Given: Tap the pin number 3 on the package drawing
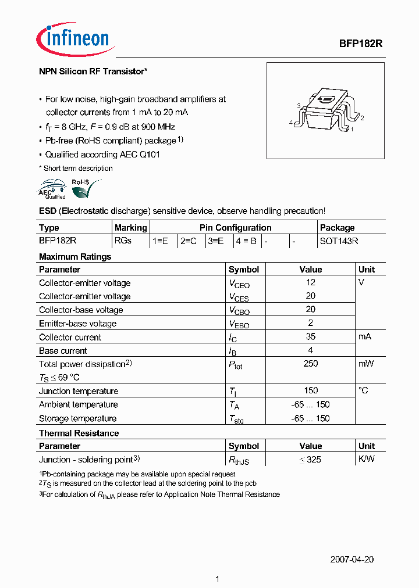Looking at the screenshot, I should pyautogui.click(x=298, y=106).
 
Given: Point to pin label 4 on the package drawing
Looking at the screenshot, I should pyautogui.click(x=290, y=123).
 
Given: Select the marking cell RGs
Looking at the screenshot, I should pyautogui.click(x=123, y=241).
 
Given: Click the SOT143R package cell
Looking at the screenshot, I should pyautogui.click(x=339, y=241).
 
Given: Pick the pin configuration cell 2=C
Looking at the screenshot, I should pyautogui.click(x=188, y=241).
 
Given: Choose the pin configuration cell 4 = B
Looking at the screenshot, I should pyautogui.click(x=246, y=241).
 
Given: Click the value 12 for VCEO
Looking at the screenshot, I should pyautogui.click(x=310, y=282).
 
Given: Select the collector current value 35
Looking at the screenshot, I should pyautogui.click(x=310, y=337).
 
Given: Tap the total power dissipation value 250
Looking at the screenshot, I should pyautogui.click(x=310, y=364).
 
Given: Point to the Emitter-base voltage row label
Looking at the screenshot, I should pyautogui.click(x=77, y=324).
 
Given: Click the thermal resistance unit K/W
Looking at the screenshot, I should pyautogui.click(x=367, y=459).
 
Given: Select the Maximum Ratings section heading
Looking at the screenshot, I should pyautogui.click(x=74, y=257).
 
